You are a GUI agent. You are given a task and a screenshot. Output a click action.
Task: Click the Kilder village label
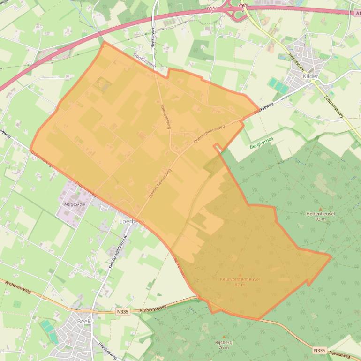click(310, 76)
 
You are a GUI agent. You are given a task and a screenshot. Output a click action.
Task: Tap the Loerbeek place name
click(132, 221)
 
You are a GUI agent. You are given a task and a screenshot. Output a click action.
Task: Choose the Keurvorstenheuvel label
click(240, 279)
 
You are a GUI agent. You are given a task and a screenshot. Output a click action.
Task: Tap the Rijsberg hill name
click(224, 342)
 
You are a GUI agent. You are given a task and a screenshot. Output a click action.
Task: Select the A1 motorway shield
click(357, 14)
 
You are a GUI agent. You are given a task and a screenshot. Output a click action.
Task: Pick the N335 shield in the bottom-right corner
click(319, 350)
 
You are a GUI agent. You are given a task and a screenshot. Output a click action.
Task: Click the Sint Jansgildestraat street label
click(113, 252)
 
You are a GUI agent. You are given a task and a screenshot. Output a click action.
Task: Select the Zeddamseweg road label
click(334, 107)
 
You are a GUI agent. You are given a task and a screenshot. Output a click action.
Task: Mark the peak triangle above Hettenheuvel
click(321, 209)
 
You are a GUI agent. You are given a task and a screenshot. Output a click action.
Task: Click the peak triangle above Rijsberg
click(224, 337)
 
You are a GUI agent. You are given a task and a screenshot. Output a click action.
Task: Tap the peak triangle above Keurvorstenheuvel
click(240, 274)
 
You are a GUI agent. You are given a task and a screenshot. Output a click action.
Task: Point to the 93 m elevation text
click(321, 219)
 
